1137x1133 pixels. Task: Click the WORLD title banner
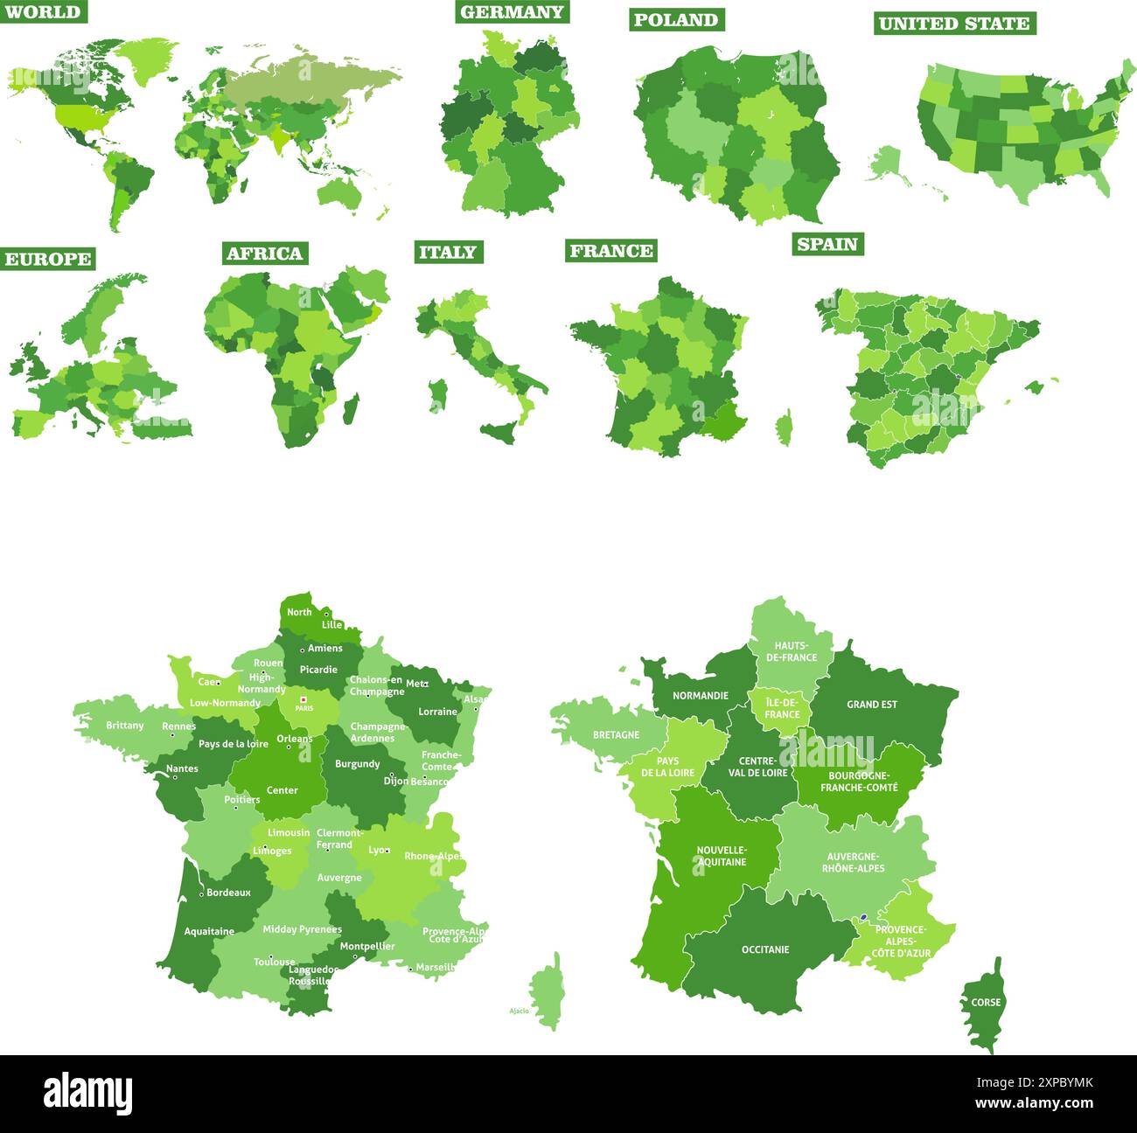(43, 11)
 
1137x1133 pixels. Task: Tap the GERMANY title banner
(512, 11)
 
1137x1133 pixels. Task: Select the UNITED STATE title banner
(954, 24)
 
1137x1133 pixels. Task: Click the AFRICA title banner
(264, 254)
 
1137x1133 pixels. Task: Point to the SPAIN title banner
(827, 244)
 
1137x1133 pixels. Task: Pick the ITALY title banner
(448, 252)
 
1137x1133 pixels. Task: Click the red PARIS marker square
(303, 699)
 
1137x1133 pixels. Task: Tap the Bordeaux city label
(228, 893)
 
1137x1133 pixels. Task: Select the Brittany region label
(125, 726)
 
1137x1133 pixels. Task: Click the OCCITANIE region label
(765, 949)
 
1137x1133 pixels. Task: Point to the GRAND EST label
(871, 704)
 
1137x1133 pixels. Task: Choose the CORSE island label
(986, 1002)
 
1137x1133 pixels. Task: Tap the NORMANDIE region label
(700, 696)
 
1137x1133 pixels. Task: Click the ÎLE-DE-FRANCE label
(782, 708)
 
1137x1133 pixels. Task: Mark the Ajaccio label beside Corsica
(519, 1011)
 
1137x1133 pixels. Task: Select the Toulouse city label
(275, 962)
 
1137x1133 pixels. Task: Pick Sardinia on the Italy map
(437, 394)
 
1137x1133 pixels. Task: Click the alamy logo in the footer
(88, 1093)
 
